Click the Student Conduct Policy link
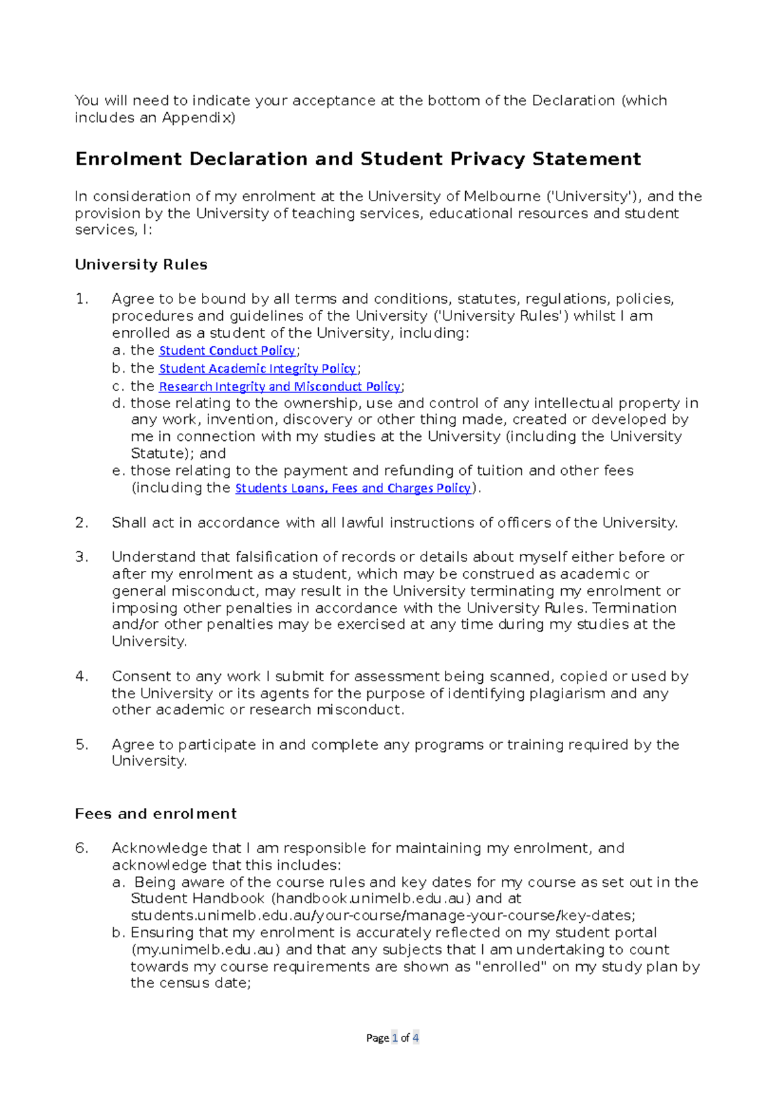point(227,351)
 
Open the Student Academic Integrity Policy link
point(258,369)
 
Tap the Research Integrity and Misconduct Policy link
point(280,387)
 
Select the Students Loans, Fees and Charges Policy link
point(353,488)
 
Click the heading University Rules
point(141,265)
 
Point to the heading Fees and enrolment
point(155,814)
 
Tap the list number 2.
point(81,522)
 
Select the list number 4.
point(81,677)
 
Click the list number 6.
point(81,848)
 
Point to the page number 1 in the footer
point(395,1038)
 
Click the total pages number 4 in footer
point(416,1038)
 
